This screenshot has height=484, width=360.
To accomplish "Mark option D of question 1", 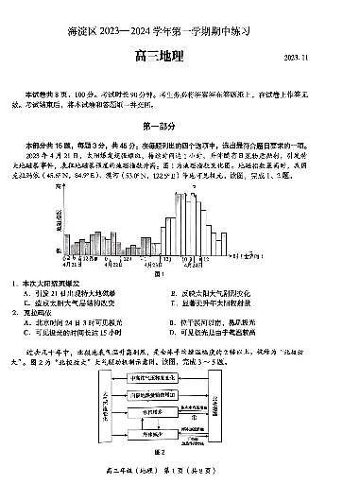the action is pyautogui.click(x=227, y=302).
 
